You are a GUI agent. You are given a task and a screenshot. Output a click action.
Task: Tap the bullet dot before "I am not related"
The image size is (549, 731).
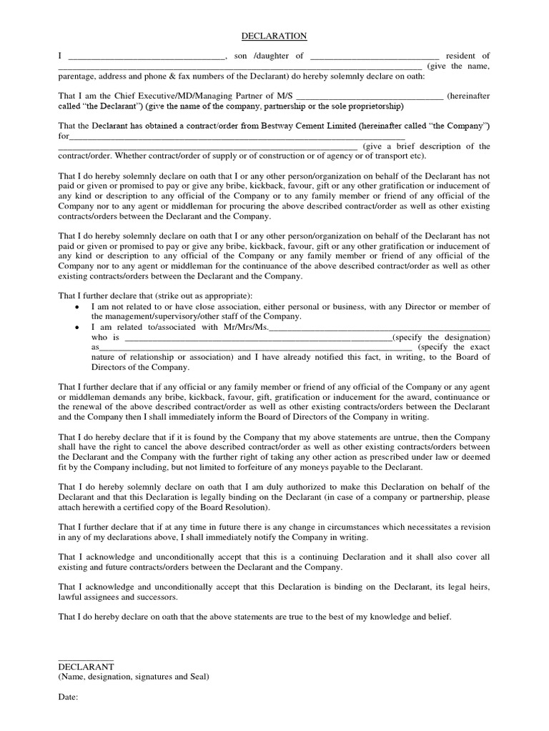coord(76,307)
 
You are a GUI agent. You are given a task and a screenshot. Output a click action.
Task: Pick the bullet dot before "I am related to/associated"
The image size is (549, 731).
coord(76,328)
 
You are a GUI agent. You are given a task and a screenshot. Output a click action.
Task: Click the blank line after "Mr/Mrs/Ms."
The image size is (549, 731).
coord(380,328)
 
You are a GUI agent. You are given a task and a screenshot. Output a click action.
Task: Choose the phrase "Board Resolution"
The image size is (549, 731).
coord(234,507)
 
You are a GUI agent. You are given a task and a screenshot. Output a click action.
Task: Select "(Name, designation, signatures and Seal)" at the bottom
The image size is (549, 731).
coord(134,677)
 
